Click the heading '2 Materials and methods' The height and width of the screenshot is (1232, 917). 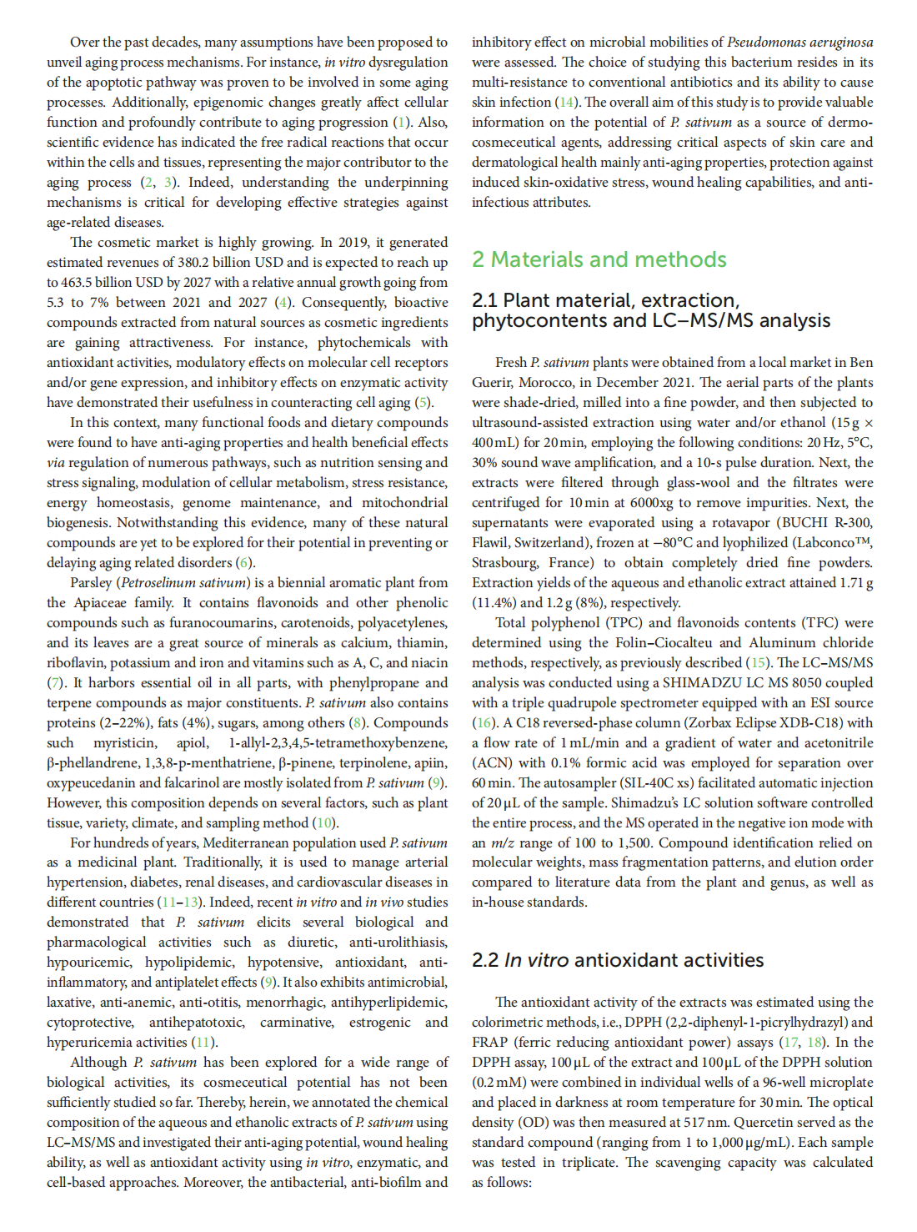coord(599,259)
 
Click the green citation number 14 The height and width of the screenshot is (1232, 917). coord(567,102)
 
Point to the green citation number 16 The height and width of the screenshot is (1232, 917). coord(484,722)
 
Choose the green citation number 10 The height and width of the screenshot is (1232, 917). coord(324,822)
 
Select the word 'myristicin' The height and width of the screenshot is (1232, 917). coord(124,742)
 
